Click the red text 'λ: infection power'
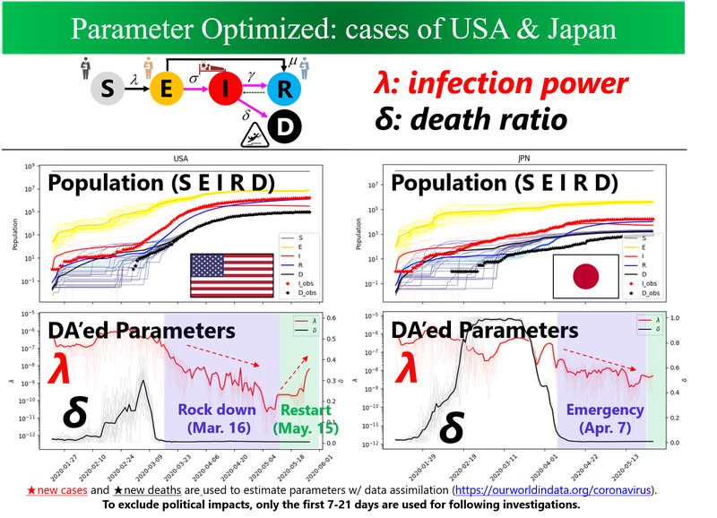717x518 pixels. coord(500,84)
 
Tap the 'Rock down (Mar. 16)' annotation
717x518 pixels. coord(216,418)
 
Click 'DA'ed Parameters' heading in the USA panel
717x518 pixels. coord(143,331)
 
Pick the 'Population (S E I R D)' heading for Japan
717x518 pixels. coord(505,184)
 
